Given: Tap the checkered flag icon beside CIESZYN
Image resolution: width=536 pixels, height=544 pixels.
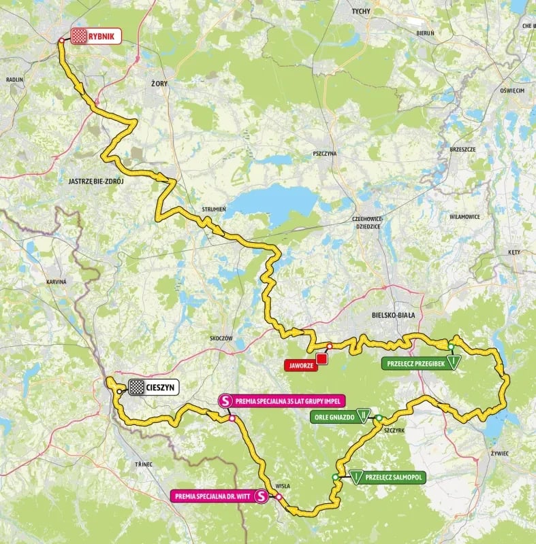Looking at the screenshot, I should coord(137,388).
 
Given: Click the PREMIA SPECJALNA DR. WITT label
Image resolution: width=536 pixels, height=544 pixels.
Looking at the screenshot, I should coord(212,497).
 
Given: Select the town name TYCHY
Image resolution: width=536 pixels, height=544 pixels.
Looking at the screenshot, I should coord(360,12).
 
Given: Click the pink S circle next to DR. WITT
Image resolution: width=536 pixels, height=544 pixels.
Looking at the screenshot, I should coord(262,497).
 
